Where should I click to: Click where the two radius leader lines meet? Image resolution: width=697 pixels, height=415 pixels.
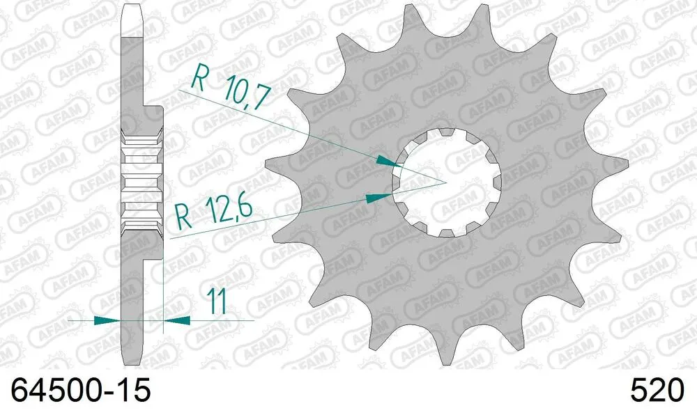(445, 182)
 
